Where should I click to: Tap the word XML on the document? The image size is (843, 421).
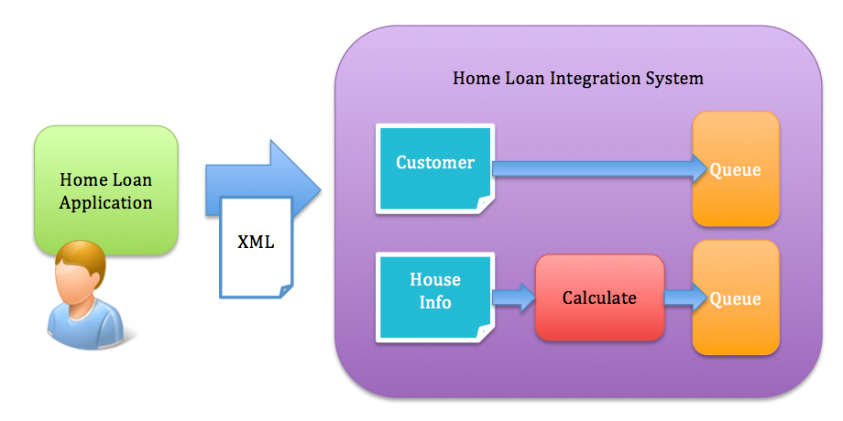point(256,242)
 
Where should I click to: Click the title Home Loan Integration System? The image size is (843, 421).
point(578,79)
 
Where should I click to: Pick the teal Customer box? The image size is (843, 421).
point(435,168)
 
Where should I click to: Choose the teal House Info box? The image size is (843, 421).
point(435,297)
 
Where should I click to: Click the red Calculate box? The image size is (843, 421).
point(599,297)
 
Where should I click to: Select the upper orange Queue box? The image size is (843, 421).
point(736,168)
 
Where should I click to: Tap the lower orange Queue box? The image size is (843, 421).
point(736,297)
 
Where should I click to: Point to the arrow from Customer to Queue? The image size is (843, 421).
point(599,168)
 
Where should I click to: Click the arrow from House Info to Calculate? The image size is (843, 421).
point(515,297)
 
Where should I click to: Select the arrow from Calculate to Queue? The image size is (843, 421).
point(685,297)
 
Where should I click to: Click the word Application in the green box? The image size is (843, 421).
point(106,203)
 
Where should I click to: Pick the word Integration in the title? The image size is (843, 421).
point(596,79)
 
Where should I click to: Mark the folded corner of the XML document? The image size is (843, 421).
point(286,290)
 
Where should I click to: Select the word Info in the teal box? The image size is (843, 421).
point(435,302)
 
